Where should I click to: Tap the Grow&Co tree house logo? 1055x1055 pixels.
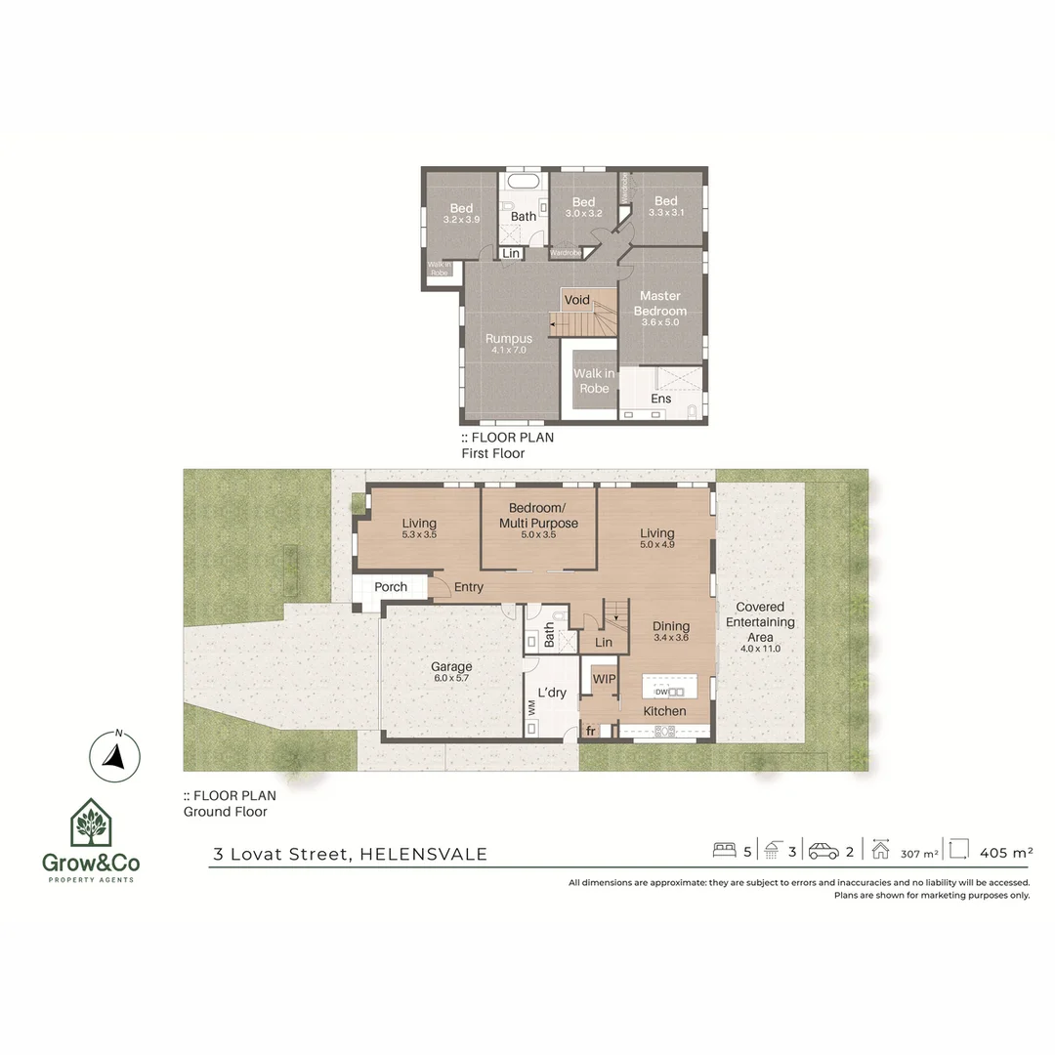(89, 823)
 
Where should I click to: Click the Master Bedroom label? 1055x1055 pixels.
(659, 303)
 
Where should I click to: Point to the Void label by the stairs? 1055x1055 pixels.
(576, 300)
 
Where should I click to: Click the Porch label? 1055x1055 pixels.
(391, 587)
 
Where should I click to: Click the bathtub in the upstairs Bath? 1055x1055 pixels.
(525, 183)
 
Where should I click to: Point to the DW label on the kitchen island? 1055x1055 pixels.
(660, 692)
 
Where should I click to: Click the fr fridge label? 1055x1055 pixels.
(590, 731)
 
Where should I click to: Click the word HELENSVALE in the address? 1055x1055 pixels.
(423, 854)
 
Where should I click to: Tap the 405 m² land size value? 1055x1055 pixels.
(1005, 852)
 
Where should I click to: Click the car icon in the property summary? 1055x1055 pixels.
(823, 851)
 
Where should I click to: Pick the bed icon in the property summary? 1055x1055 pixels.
(724, 851)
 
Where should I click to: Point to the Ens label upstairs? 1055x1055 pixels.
(661, 399)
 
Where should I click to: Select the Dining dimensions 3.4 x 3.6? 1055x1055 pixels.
(671, 638)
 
